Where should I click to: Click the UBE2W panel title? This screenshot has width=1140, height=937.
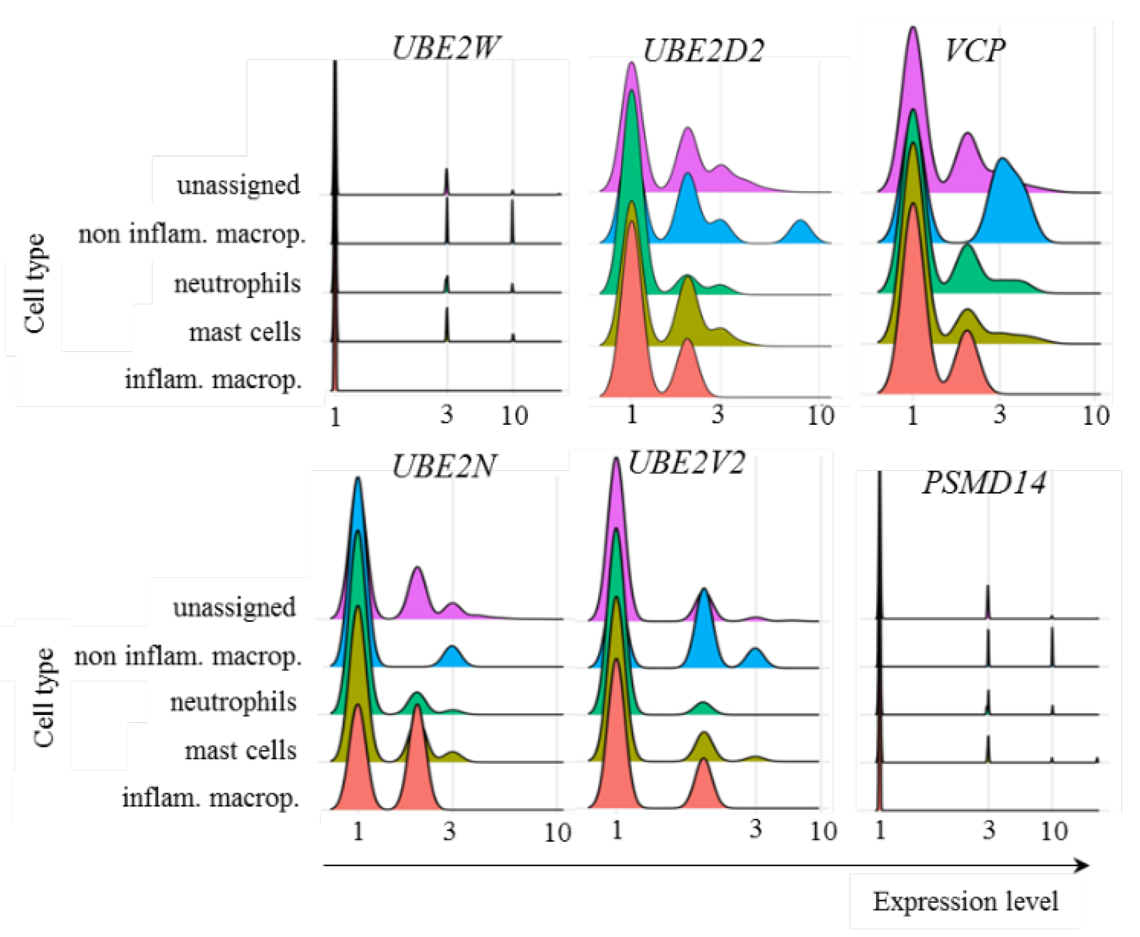point(445,48)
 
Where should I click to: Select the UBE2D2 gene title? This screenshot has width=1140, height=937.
point(703,51)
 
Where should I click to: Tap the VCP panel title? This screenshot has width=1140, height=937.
point(975,51)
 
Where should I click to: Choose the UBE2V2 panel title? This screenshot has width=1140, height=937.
point(687,463)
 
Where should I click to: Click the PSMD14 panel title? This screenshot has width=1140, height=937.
point(984,483)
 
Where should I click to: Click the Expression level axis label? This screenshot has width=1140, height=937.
point(965,902)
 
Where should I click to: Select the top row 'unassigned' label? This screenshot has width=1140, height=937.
point(238,185)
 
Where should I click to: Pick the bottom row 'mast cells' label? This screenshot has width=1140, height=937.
point(240,750)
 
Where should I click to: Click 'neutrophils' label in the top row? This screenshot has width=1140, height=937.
point(237,284)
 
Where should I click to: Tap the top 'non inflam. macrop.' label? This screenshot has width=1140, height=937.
point(192,234)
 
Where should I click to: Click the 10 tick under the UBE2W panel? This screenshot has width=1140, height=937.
point(514,416)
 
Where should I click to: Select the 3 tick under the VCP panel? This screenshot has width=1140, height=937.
point(1000,415)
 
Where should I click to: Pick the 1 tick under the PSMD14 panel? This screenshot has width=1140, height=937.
point(879,830)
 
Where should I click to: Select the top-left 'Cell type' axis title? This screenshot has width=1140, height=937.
point(35,284)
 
